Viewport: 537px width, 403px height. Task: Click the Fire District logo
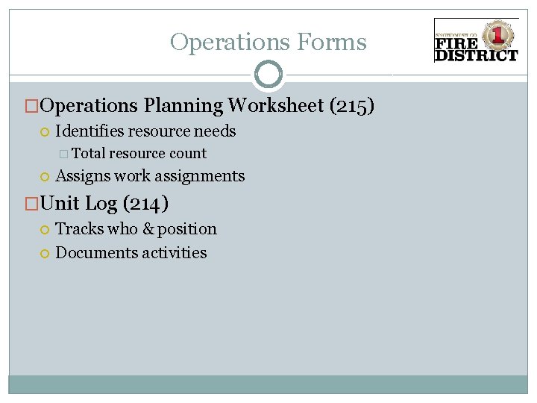(476, 41)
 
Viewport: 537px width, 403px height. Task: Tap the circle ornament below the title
(268, 75)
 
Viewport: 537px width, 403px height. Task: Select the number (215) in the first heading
(352, 106)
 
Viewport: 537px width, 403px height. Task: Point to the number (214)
(146, 203)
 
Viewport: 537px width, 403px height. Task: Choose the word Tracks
(79, 229)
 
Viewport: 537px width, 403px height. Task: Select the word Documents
(93, 252)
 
